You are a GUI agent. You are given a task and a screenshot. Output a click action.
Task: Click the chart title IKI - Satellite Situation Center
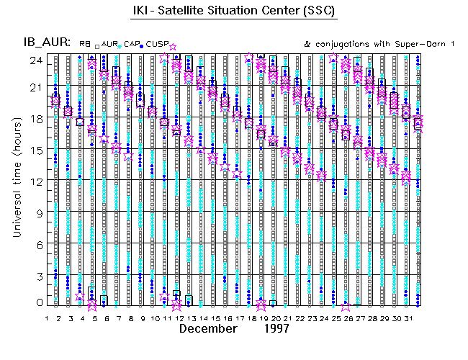pos(233,10)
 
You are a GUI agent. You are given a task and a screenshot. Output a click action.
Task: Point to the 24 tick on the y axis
pos(35,60)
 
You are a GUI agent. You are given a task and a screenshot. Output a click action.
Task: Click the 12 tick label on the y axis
pos(35,181)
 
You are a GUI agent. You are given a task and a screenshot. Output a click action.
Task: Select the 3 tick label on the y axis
pos(37,275)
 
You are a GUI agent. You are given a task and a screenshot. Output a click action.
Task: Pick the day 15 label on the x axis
pos(215,318)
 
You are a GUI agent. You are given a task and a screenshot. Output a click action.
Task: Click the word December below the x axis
pos(208,329)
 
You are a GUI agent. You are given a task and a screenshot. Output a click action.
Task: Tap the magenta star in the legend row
pos(173,47)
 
